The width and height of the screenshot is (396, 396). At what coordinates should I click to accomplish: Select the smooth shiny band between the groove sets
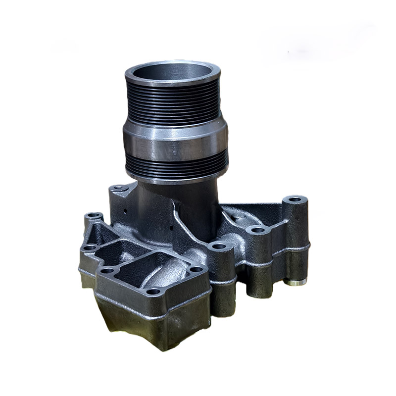tap(176, 141)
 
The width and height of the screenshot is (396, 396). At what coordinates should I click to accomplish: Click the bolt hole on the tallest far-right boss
tap(295, 199)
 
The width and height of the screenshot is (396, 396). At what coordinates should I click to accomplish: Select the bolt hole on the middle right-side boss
tap(257, 230)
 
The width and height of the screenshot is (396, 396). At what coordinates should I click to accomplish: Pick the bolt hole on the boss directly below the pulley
tap(218, 246)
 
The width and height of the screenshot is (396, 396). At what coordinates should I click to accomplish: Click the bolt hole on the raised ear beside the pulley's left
tap(118, 189)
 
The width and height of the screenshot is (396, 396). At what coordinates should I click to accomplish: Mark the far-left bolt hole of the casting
tap(94, 216)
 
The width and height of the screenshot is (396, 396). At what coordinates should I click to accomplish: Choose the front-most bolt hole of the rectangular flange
tap(154, 291)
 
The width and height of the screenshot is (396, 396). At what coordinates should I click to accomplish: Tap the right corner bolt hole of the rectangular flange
tap(197, 270)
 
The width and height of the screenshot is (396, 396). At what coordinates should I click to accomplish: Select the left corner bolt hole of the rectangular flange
tap(107, 270)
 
